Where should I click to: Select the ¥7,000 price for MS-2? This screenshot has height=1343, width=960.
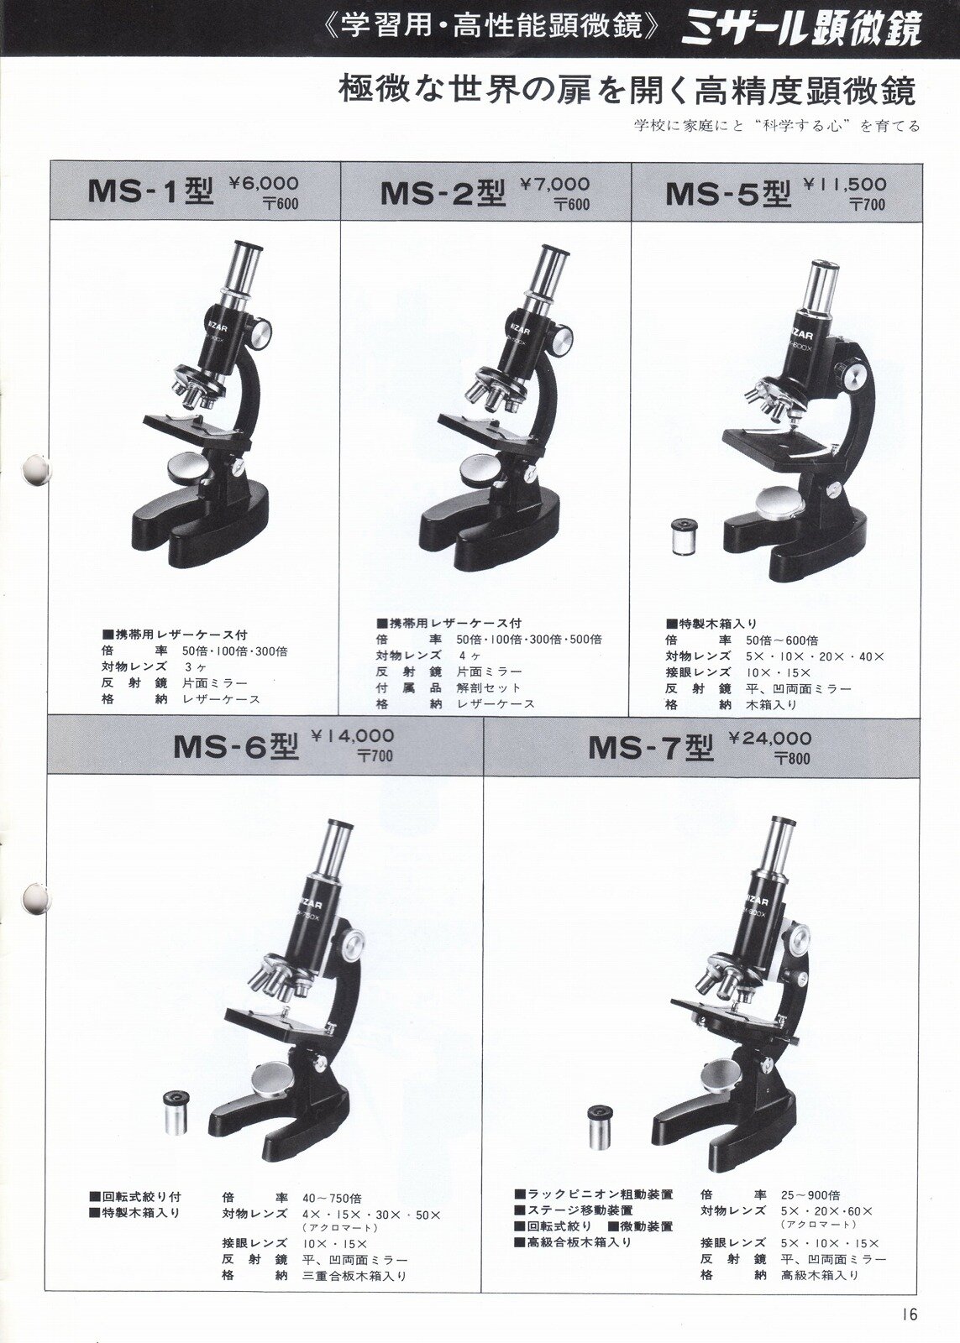coord(555,184)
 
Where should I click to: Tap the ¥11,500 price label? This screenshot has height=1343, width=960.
coord(846,184)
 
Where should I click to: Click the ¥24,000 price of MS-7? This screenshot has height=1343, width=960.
coord(770,738)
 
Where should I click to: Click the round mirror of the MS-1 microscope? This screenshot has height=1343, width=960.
coord(190,466)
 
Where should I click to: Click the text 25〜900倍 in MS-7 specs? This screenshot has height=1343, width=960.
coord(810,1178)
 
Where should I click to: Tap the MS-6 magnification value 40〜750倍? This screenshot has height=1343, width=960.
coord(332,1181)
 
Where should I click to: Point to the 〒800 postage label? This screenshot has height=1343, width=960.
coord(793,759)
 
